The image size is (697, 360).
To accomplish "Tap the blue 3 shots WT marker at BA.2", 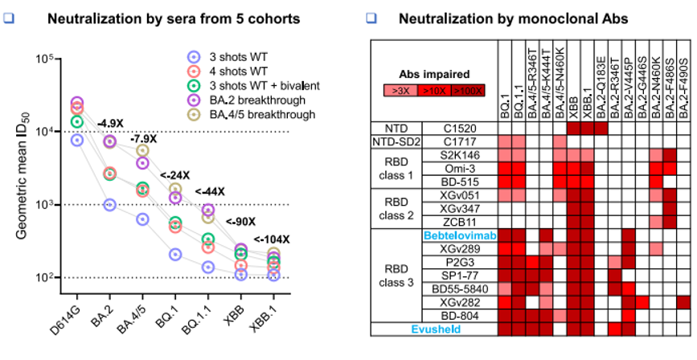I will pos(110,204).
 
